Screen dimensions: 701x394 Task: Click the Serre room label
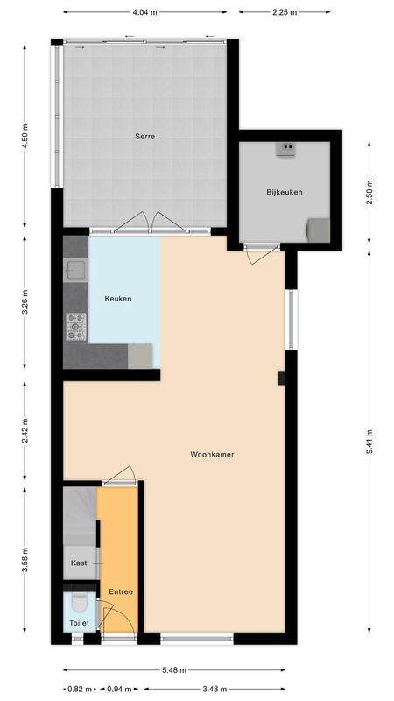[144, 136]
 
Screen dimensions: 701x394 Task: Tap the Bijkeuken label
[285, 192]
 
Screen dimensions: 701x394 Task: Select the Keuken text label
[118, 299]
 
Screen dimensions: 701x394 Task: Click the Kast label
[79, 563]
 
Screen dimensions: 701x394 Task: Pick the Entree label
[121, 591]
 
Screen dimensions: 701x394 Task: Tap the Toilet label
[80, 623]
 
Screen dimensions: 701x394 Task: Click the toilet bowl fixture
[80, 604]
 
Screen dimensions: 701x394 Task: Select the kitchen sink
[76, 270]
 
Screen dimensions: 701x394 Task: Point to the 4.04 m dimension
[144, 13]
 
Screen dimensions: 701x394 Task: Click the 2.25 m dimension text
[285, 13]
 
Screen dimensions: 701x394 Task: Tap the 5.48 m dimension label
[174, 669]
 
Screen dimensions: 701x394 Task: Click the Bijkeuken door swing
[260, 255]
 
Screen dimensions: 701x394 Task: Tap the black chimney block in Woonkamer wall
[281, 378]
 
